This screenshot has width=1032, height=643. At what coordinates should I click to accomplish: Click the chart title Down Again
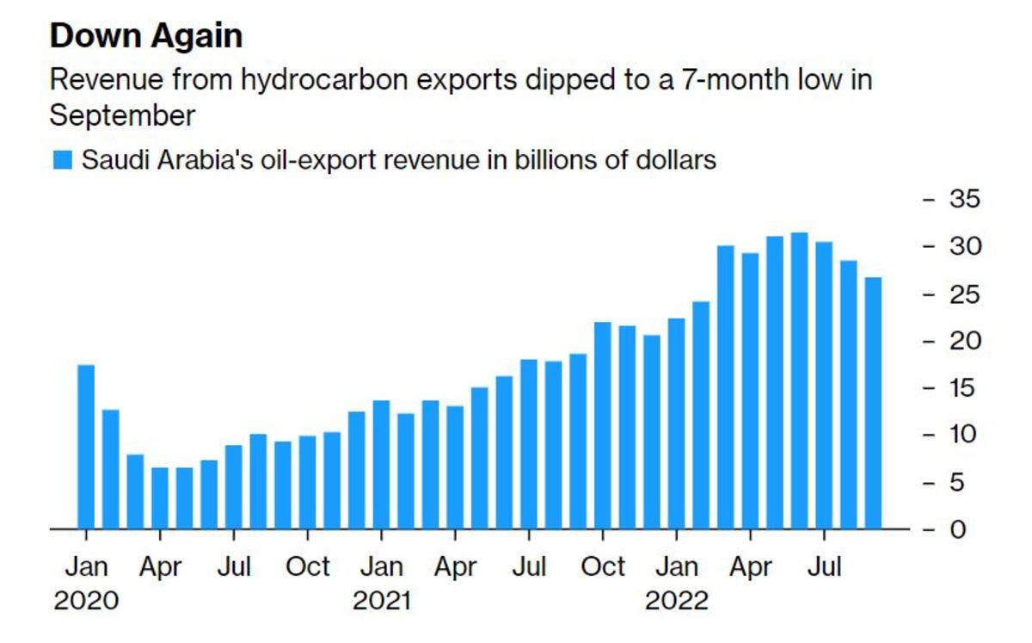click(146, 36)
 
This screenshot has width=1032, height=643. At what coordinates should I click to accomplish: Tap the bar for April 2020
click(160, 498)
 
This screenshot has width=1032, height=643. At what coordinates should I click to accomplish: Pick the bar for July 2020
click(234, 486)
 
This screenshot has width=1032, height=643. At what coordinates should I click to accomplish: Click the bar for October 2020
click(307, 482)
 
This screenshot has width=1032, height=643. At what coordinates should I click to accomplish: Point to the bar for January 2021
click(381, 464)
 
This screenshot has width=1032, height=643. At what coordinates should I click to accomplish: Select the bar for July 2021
click(529, 443)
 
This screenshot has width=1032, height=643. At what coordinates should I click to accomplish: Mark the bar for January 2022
click(676, 423)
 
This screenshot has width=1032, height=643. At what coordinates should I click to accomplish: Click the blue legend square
click(62, 161)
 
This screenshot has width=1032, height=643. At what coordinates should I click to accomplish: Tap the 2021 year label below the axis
click(381, 600)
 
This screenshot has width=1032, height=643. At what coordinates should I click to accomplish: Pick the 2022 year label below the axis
click(676, 600)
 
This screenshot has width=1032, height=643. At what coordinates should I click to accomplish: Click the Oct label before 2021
click(307, 567)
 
